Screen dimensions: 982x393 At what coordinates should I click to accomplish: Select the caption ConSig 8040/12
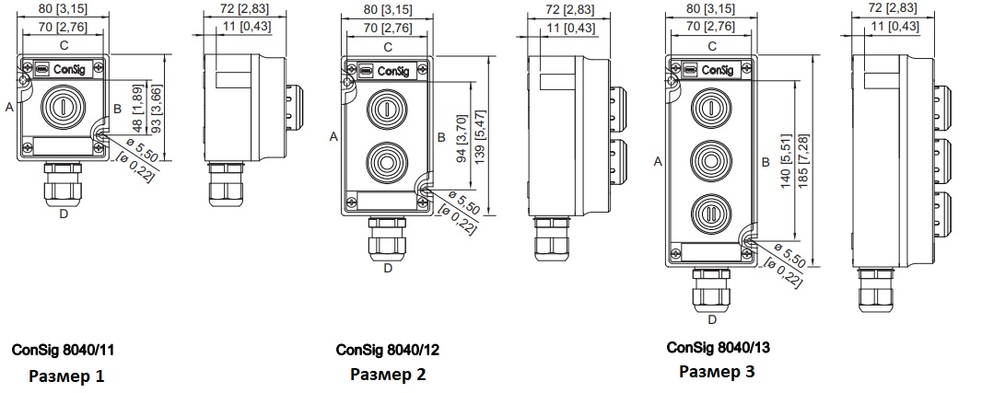tap(388, 350)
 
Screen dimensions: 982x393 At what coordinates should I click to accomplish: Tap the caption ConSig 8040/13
tap(718, 347)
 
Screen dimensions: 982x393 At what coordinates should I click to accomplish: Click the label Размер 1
tap(66, 376)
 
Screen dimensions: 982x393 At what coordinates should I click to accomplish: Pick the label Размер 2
tap(389, 375)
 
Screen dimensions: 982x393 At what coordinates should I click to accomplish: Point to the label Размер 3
tap(718, 371)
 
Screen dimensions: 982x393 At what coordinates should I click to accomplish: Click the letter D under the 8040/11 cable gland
tap(64, 214)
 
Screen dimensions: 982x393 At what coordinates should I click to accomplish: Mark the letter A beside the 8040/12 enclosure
tap(333, 136)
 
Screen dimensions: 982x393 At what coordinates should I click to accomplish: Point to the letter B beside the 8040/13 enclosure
tap(766, 162)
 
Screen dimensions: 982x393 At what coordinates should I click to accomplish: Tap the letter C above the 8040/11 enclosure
tap(64, 45)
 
